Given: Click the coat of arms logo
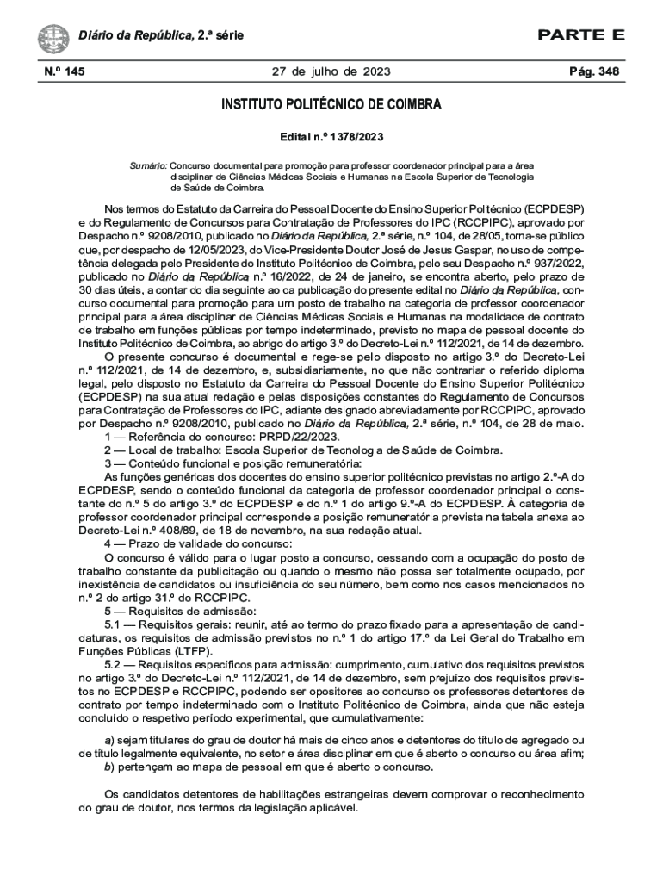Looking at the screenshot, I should (x=53, y=37).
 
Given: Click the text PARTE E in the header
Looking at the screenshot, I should (x=580, y=35).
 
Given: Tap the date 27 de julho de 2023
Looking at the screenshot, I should (x=331, y=71).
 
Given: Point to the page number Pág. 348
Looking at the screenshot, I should (x=595, y=71).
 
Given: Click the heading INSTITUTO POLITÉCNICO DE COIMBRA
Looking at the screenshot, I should (x=331, y=106).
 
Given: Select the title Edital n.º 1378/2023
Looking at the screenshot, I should (x=331, y=137).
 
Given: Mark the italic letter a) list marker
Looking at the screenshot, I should (x=108, y=741).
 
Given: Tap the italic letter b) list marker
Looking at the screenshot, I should (x=108, y=767).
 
